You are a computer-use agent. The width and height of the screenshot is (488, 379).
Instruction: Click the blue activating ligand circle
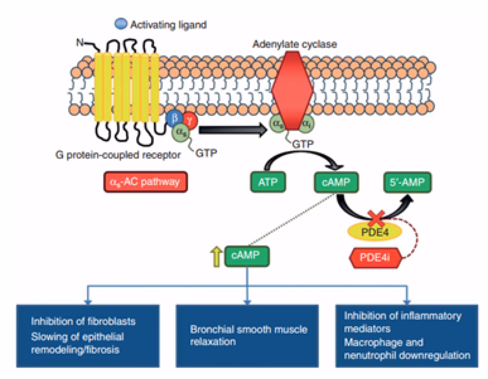121,24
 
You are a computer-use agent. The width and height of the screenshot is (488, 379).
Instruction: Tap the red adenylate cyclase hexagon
292,90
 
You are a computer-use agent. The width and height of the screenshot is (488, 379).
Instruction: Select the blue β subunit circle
175,118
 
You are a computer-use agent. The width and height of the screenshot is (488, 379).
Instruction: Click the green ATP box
268,182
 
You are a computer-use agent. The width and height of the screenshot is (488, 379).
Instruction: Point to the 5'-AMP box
407,182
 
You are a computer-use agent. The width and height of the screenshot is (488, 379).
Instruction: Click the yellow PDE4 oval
374,232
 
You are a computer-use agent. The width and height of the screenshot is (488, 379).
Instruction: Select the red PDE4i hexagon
375,258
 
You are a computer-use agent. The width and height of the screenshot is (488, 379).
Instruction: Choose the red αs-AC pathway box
145,182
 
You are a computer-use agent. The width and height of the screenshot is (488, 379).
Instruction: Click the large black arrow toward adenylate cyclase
233,130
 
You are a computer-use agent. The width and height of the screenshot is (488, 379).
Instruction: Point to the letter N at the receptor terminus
80,42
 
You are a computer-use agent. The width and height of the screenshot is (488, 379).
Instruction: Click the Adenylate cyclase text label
294,44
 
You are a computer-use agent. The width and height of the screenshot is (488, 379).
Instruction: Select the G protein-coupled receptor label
118,155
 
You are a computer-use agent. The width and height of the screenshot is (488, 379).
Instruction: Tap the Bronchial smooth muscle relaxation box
247,335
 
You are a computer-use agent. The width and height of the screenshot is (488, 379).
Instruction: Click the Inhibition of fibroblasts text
83,321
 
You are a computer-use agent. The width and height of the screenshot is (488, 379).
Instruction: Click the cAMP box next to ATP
336,182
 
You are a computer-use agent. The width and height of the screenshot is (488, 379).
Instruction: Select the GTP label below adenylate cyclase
303,144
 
